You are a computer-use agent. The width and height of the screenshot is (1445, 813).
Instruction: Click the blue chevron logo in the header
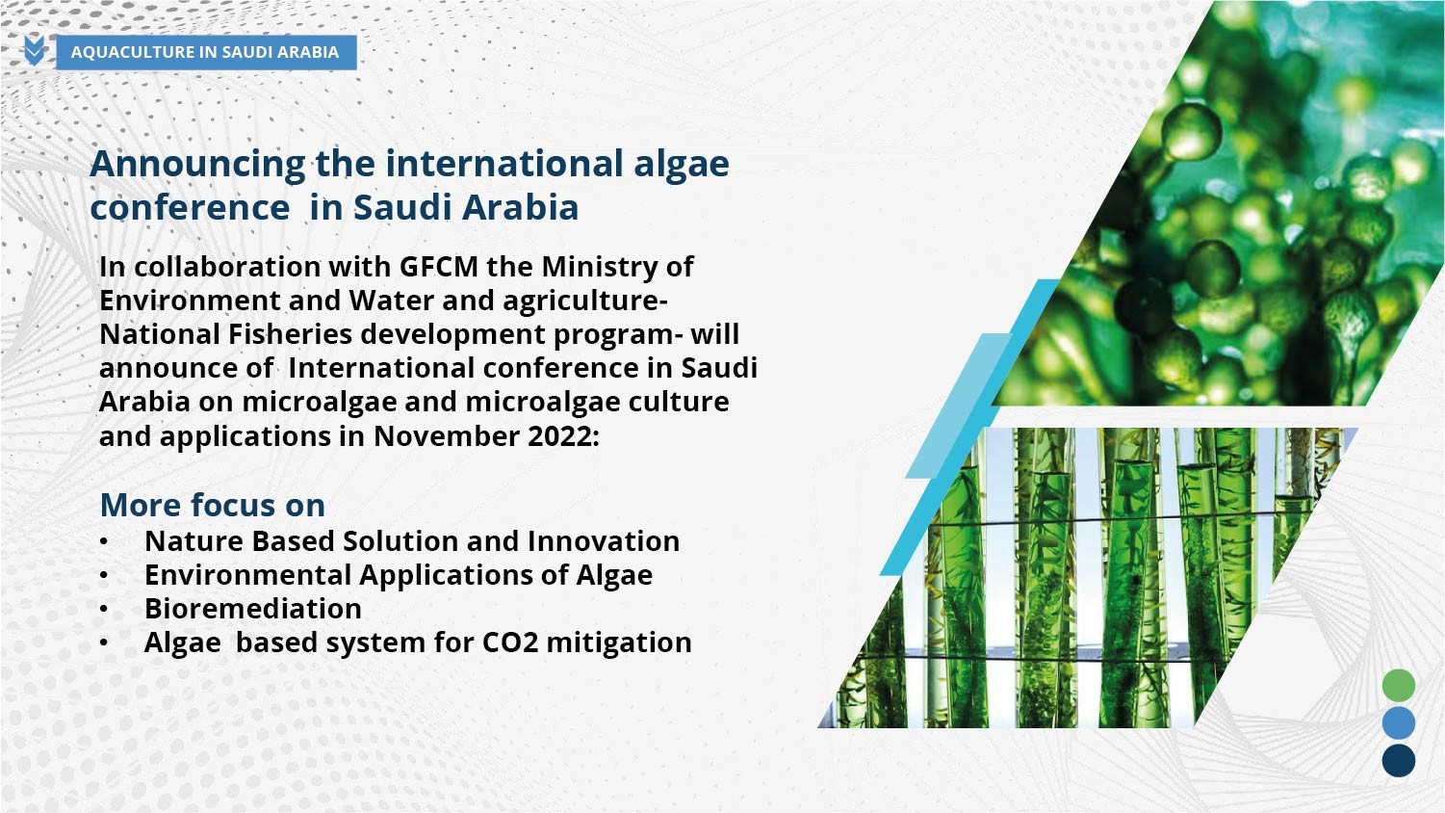tap(35, 50)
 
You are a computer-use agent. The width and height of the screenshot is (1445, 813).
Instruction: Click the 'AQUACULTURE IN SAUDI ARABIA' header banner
tap(206, 52)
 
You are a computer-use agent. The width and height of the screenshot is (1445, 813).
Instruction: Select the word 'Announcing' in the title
tap(197, 165)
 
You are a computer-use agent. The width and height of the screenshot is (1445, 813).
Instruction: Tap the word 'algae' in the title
tap(682, 165)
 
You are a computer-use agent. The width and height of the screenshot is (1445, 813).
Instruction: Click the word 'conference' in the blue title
tap(190, 208)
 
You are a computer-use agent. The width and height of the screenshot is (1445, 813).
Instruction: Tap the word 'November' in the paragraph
tap(447, 436)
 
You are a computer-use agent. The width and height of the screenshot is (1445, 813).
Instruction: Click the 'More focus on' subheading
tap(213, 505)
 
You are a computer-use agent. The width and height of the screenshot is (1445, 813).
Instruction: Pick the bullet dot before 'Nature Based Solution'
tap(104, 541)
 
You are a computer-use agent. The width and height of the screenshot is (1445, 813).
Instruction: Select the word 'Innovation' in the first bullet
tap(604, 541)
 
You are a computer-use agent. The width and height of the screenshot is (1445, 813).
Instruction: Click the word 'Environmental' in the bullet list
tap(247, 575)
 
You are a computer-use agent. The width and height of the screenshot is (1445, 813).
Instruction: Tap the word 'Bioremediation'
tap(253, 609)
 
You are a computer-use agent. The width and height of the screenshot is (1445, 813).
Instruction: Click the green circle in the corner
tap(1399, 685)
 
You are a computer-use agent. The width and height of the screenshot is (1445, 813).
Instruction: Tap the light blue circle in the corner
tap(1399, 722)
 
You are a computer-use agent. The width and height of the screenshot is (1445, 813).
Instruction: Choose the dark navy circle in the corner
tap(1399, 760)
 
